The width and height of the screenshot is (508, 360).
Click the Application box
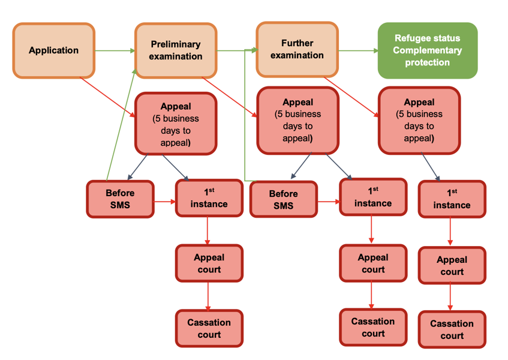[x=53, y=50]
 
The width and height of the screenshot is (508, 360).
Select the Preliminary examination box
[x=176, y=50]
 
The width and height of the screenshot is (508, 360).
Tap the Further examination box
[x=297, y=49]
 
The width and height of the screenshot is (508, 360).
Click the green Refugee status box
[x=427, y=51]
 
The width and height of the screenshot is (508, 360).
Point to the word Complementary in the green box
[x=427, y=50]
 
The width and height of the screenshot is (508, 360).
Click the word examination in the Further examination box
[x=297, y=55]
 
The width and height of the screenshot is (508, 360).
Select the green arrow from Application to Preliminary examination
[x=115, y=50]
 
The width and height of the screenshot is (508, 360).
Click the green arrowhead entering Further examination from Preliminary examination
[x=254, y=50]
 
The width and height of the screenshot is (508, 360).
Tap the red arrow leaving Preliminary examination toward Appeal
[x=231, y=94]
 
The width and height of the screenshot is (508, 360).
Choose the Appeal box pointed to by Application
[x=176, y=123]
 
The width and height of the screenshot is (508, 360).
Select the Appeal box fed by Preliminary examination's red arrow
[x=297, y=120]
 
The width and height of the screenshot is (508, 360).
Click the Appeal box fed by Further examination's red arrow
[x=419, y=120]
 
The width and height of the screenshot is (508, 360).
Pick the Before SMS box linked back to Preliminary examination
[x=120, y=199]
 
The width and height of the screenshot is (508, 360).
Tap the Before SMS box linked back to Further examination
[x=283, y=199]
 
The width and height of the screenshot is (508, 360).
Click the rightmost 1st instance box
[x=452, y=199]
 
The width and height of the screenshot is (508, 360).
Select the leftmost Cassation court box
[x=209, y=328]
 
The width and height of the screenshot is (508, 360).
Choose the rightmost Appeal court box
[x=452, y=265]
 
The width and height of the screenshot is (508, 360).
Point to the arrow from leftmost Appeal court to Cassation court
[x=208, y=295]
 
